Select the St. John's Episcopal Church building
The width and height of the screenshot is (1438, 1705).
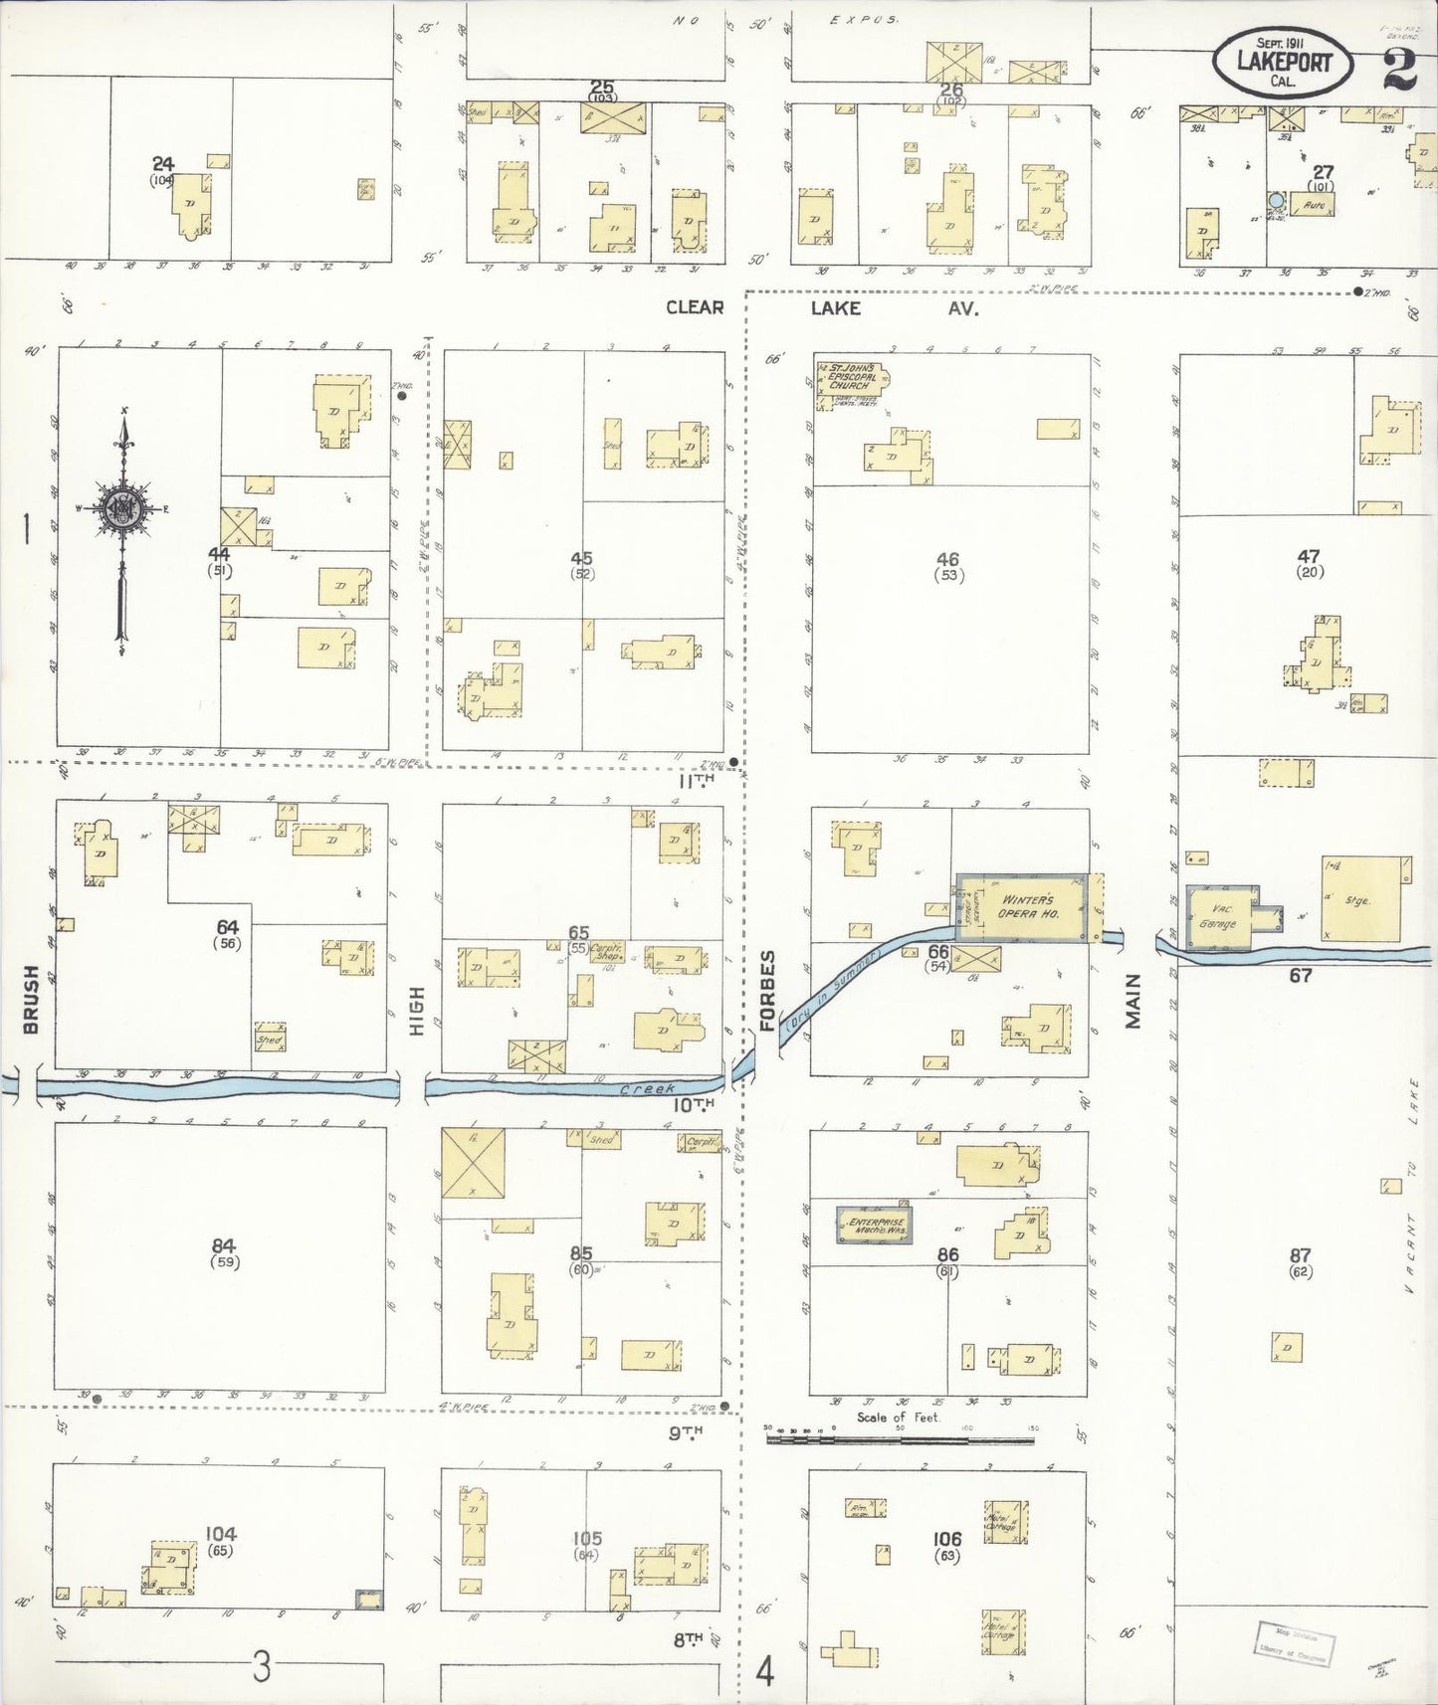[852, 379]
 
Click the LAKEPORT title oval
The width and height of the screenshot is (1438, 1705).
[1284, 62]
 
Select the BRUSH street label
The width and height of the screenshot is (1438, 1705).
[30, 999]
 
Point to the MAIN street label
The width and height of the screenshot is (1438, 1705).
[1133, 1000]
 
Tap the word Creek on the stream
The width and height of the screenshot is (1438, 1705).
[648, 1089]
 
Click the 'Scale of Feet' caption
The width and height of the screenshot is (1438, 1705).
[898, 1417]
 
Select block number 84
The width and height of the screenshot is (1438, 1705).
[222, 1245]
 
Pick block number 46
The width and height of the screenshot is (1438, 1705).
[947, 559]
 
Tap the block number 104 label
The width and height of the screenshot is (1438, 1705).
[220, 1534]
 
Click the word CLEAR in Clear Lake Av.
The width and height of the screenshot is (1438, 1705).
[695, 307]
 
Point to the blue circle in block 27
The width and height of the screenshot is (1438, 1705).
[1276, 201]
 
